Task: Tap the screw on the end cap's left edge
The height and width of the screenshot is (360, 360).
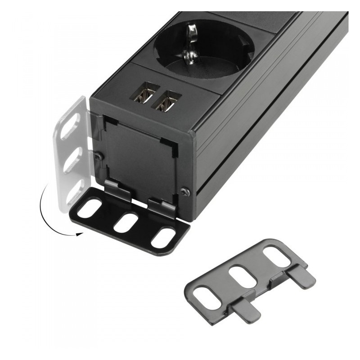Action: pyautogui.click(x=98, y=155)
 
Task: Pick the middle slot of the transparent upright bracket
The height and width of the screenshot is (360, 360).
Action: pyautogui.click(x=72, y=160)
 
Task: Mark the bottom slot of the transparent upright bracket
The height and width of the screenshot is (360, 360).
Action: pyautogui.click(x=73, y=193)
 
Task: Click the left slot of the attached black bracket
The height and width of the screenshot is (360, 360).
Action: pyautogui.click(x=91, y=208)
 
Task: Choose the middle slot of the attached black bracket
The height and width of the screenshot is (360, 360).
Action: pyautogui.click(x=126, y=223)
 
